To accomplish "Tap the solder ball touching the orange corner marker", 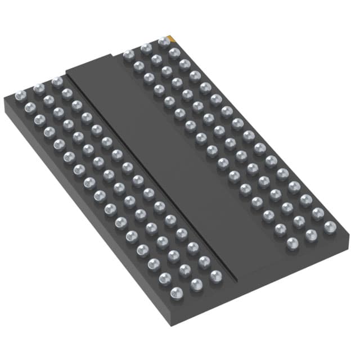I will [164, 41].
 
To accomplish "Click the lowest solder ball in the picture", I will [177, 292].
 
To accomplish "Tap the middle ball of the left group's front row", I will [196, 285].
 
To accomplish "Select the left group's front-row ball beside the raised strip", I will [216, 277].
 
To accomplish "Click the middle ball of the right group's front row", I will [310, 235].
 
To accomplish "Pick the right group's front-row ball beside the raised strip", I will [292, 244].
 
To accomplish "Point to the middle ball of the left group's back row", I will [39, 88].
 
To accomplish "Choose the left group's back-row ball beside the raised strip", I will [57, 82].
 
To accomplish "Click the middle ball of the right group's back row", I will [146, 48].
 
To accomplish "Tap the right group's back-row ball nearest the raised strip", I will [128, 55].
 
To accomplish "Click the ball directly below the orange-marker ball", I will [174, 53].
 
